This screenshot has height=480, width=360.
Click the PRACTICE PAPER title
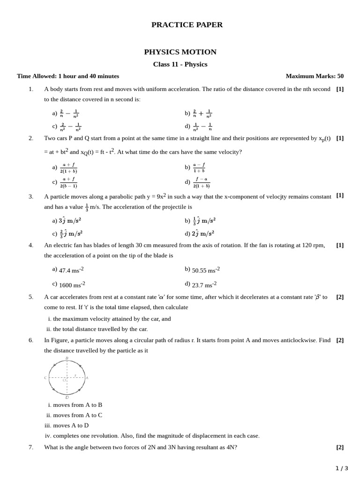click(x=187, y=25)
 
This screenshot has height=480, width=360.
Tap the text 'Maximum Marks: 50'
click(x=315, y=76)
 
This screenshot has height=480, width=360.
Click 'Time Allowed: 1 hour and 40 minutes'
click(x=68, y=76)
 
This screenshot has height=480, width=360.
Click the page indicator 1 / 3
click(x=342, y=468)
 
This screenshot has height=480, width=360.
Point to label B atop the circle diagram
click(x=67, y=358)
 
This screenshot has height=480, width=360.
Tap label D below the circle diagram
click(x=67, y=397)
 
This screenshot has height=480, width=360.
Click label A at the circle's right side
click(x=87, y=378)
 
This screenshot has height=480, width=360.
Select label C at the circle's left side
click(x=45, y=378)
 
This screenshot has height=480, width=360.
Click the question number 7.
click(x=31, y=447)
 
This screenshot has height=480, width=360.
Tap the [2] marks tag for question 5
click(x=340, y=297)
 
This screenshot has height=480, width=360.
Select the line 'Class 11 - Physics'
click(x=180, y=65)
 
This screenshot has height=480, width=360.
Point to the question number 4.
click(x=31, y=245)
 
